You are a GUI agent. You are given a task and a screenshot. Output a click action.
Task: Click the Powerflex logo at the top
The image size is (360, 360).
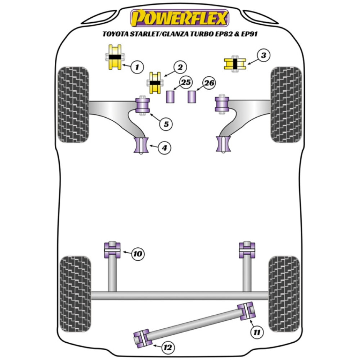coord(180,18)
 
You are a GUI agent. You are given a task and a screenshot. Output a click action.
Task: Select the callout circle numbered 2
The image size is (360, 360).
coord(180,67)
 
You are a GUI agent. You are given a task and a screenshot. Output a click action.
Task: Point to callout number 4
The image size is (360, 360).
coord(164,148)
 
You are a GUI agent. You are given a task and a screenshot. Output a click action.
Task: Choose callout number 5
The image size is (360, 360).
coord(166,124)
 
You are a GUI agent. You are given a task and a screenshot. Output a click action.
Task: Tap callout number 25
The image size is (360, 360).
coord(186,83)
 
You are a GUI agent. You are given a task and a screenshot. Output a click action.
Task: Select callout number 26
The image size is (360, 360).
coord(209,83)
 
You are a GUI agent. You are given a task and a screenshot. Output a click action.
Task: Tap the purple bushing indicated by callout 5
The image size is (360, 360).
coord(143,105)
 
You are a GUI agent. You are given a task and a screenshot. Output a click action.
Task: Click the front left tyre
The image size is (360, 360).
coord(73,104)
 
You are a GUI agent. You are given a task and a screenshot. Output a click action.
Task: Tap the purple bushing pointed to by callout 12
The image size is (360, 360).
coord(141,338)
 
